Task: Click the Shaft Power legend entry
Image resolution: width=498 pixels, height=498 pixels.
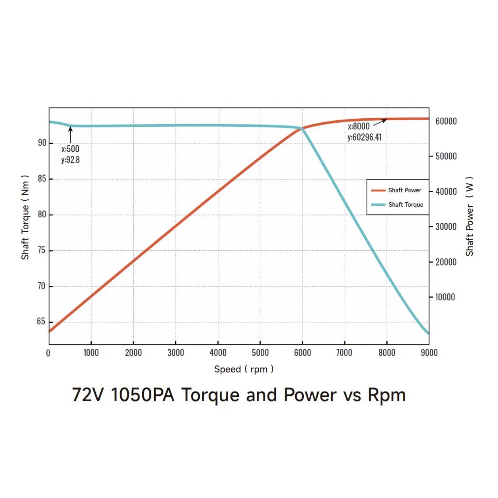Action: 404,190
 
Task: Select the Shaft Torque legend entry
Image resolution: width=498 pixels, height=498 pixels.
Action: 405,205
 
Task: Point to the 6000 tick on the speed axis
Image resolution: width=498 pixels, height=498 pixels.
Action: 302,353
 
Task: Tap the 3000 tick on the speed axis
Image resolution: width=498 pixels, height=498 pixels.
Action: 176,353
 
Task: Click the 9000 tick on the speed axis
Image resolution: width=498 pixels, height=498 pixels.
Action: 428,353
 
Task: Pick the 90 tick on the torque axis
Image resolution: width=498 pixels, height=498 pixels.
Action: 41,143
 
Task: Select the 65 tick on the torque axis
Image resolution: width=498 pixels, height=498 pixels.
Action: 41,322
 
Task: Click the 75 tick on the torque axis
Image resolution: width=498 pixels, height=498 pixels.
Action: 41,250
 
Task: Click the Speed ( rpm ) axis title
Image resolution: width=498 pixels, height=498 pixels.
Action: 244,369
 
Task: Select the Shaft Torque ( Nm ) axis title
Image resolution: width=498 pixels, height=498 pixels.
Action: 25,217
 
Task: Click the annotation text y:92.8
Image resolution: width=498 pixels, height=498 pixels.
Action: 70,160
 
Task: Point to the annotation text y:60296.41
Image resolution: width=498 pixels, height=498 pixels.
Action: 364,137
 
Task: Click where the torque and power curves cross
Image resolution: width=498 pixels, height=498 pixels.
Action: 302,128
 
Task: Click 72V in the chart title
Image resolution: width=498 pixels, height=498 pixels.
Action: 89,395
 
